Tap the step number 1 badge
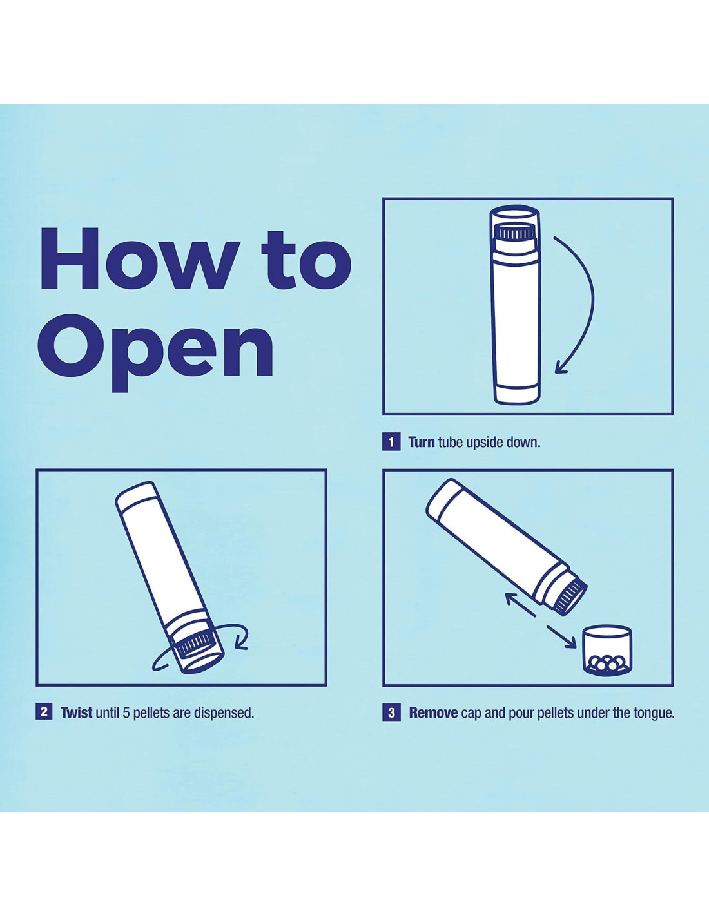[391, 442]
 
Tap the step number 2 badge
[44, 712]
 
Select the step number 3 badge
[391, 713]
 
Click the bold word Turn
[422, 442]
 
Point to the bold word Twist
[77, 712]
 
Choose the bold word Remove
[434, 713]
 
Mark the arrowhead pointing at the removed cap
[570, 645]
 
